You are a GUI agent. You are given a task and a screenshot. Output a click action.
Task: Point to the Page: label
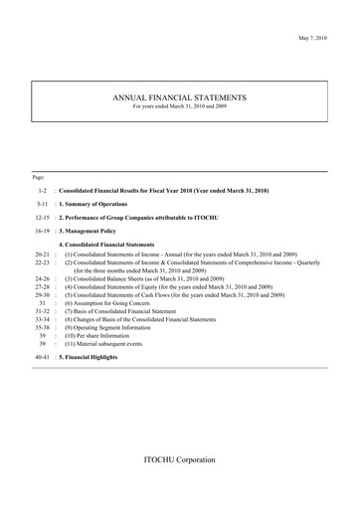click(39, 176)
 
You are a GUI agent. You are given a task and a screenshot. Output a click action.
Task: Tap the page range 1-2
click(43, 189)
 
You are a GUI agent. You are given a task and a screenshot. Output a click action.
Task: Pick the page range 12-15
click(41, 216)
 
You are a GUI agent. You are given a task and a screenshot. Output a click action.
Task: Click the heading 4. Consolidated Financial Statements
click(119, 243)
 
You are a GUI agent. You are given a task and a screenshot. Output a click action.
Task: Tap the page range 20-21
click(41, 254)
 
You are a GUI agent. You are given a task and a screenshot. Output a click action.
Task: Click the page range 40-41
click(41, 356)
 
